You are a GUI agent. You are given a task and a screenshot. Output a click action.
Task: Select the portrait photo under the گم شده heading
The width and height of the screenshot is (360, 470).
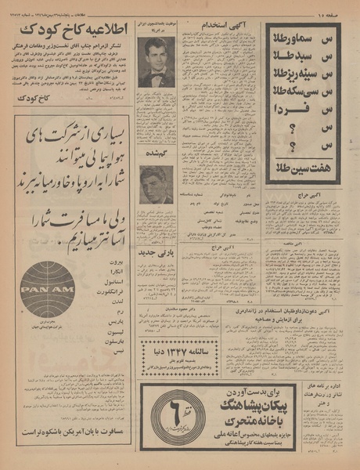point(156,185)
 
